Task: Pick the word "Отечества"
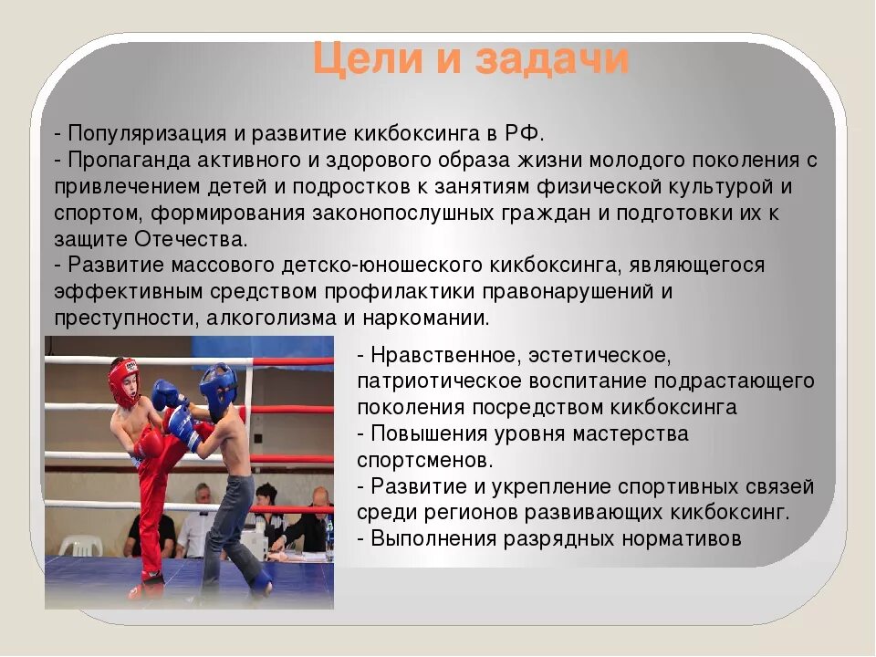click(190, 239)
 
